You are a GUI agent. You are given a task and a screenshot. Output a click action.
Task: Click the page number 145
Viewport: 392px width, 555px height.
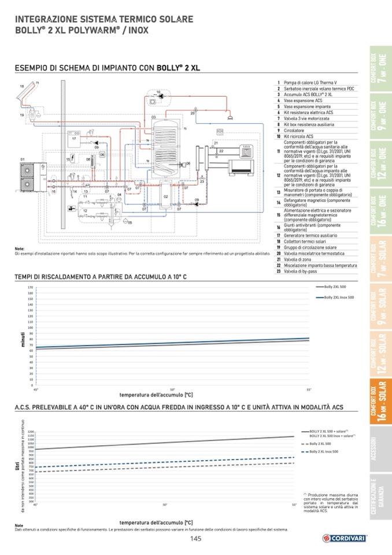click(x=195, y=540)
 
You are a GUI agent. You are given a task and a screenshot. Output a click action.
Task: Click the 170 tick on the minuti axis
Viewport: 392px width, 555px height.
click(x=29, y=287)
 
